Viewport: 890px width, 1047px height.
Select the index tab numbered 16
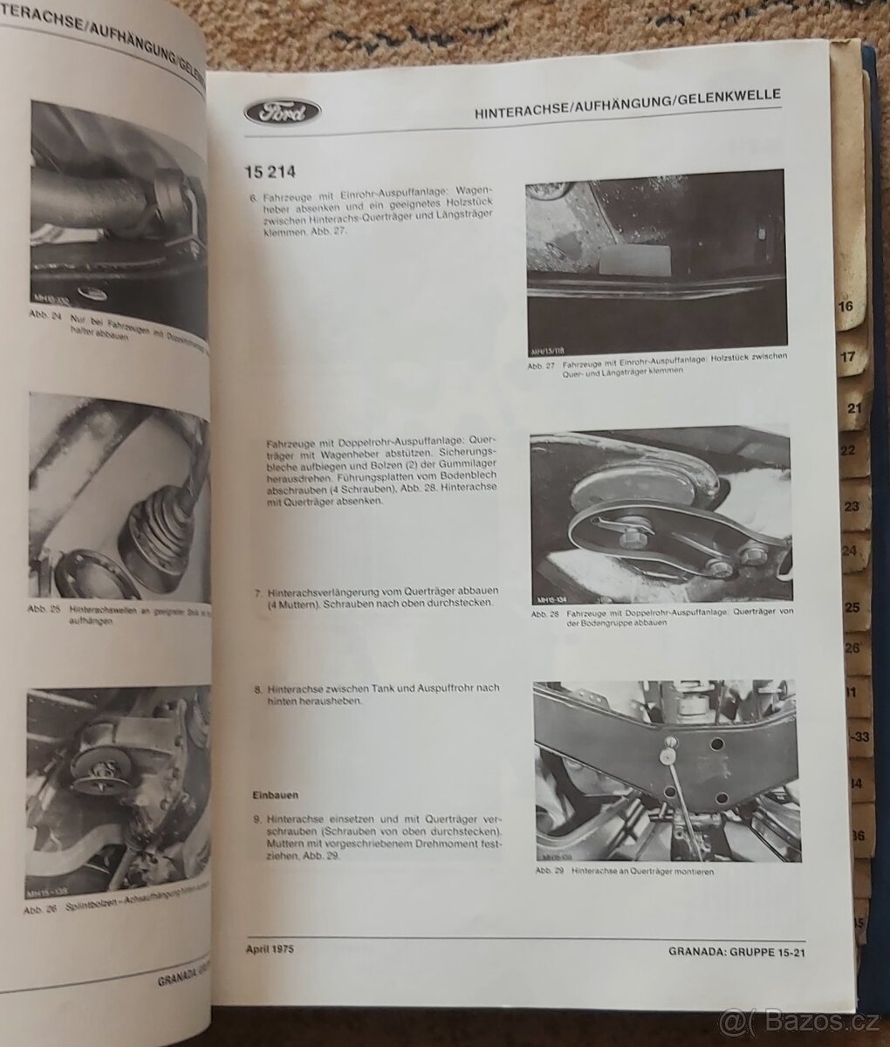pyautogui.click(x=845, y=307)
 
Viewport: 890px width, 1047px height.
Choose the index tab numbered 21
pyautogui.click(x=853, y=407)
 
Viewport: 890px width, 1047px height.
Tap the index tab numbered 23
pyautogui.click(x=852, y=507)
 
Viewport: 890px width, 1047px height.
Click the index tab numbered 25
pyautogui.click(x=852, y=608)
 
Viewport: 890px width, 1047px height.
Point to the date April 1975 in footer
pyautogui.click(x=264, y=947)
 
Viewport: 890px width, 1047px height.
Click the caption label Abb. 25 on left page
pyautogui.click(x=43, y=609)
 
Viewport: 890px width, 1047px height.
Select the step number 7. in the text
pyautogui.click(x=259, y=592)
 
